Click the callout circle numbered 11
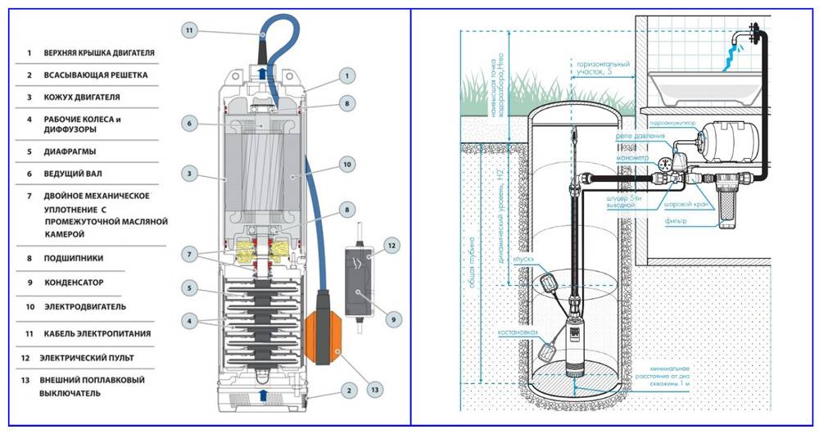(189, 30)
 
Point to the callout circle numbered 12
(391, 245)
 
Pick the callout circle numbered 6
(189, 124)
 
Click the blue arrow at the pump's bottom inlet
(261, 396)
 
